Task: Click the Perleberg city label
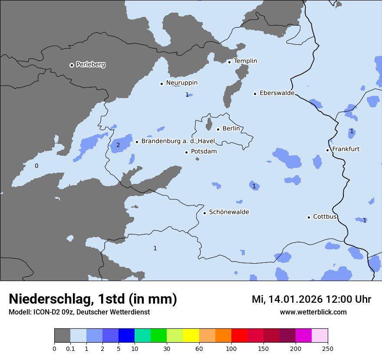[90, 65]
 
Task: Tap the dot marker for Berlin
[218, 129]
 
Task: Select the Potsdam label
[204, 152]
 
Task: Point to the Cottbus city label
[325, 216]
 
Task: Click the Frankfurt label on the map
[346, 149]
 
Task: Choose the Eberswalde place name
[277, 93]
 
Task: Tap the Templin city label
[245, 61]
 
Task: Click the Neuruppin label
[181, 83]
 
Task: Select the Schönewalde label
[229, 212]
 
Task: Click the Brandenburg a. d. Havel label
[178, 141]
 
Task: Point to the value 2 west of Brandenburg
[118, 145]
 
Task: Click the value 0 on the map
[36, 166]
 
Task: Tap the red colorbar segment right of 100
[239, 336]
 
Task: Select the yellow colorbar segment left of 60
[191, 336]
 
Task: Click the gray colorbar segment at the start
[62, 336]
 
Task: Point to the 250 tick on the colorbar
[327, 348]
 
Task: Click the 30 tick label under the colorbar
[167, 348]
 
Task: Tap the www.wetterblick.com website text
[313, 312]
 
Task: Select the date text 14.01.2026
[295, 299]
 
